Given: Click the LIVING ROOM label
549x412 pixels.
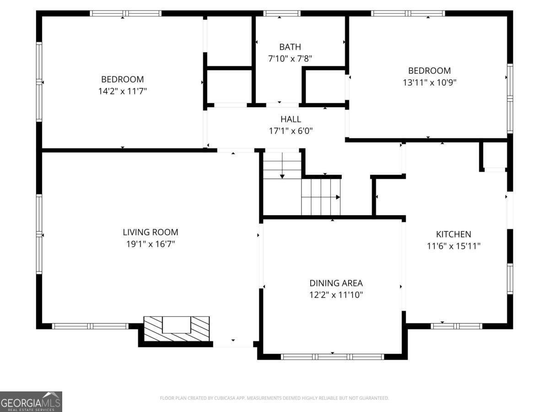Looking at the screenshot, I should tap(151, 232).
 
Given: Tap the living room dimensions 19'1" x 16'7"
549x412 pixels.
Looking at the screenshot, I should tap(151, 244).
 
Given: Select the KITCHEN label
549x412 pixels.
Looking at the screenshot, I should tap(453, 234).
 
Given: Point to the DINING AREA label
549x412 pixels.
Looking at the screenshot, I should tap(336, 283).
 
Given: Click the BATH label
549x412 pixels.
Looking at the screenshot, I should tap(290, 47).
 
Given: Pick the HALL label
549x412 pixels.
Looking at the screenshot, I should tap(291, 119).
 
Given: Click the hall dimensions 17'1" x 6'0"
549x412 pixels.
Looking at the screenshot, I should tap(291, 131).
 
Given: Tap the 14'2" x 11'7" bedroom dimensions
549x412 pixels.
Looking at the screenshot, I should tap(122, 91).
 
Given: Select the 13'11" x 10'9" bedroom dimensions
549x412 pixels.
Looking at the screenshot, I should tap(429, 82).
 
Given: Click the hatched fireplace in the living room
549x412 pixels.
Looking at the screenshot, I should tap(177, 329).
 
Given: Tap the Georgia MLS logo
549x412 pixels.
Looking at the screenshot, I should tap(31, 401).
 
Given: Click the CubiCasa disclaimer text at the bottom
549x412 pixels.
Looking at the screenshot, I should tap(274, 398).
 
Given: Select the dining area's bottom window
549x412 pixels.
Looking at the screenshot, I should tap(332, 357).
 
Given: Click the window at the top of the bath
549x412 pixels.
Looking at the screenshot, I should tap(282, 13).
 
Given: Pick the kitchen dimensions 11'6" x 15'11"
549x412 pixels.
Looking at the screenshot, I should tap(453, 246).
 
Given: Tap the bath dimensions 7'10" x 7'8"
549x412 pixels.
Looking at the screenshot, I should tap(290, 59).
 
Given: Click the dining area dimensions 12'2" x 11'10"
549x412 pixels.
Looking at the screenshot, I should tap(336, 295).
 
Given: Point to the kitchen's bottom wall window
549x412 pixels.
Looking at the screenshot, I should tap(457, 326).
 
